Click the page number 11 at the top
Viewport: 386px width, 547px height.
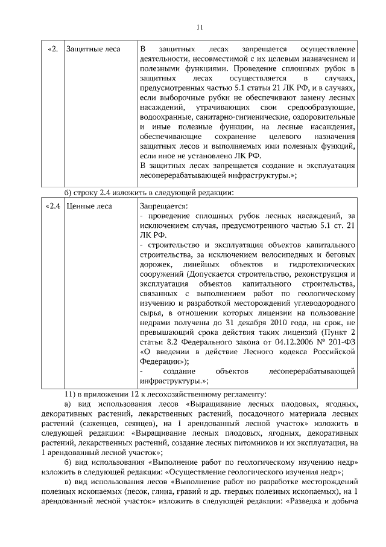click(200, 27)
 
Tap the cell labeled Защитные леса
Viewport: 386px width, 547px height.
click(93, 48)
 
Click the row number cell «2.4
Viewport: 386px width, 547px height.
click(52, 206)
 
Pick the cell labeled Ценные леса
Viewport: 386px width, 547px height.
click(89, 206)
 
